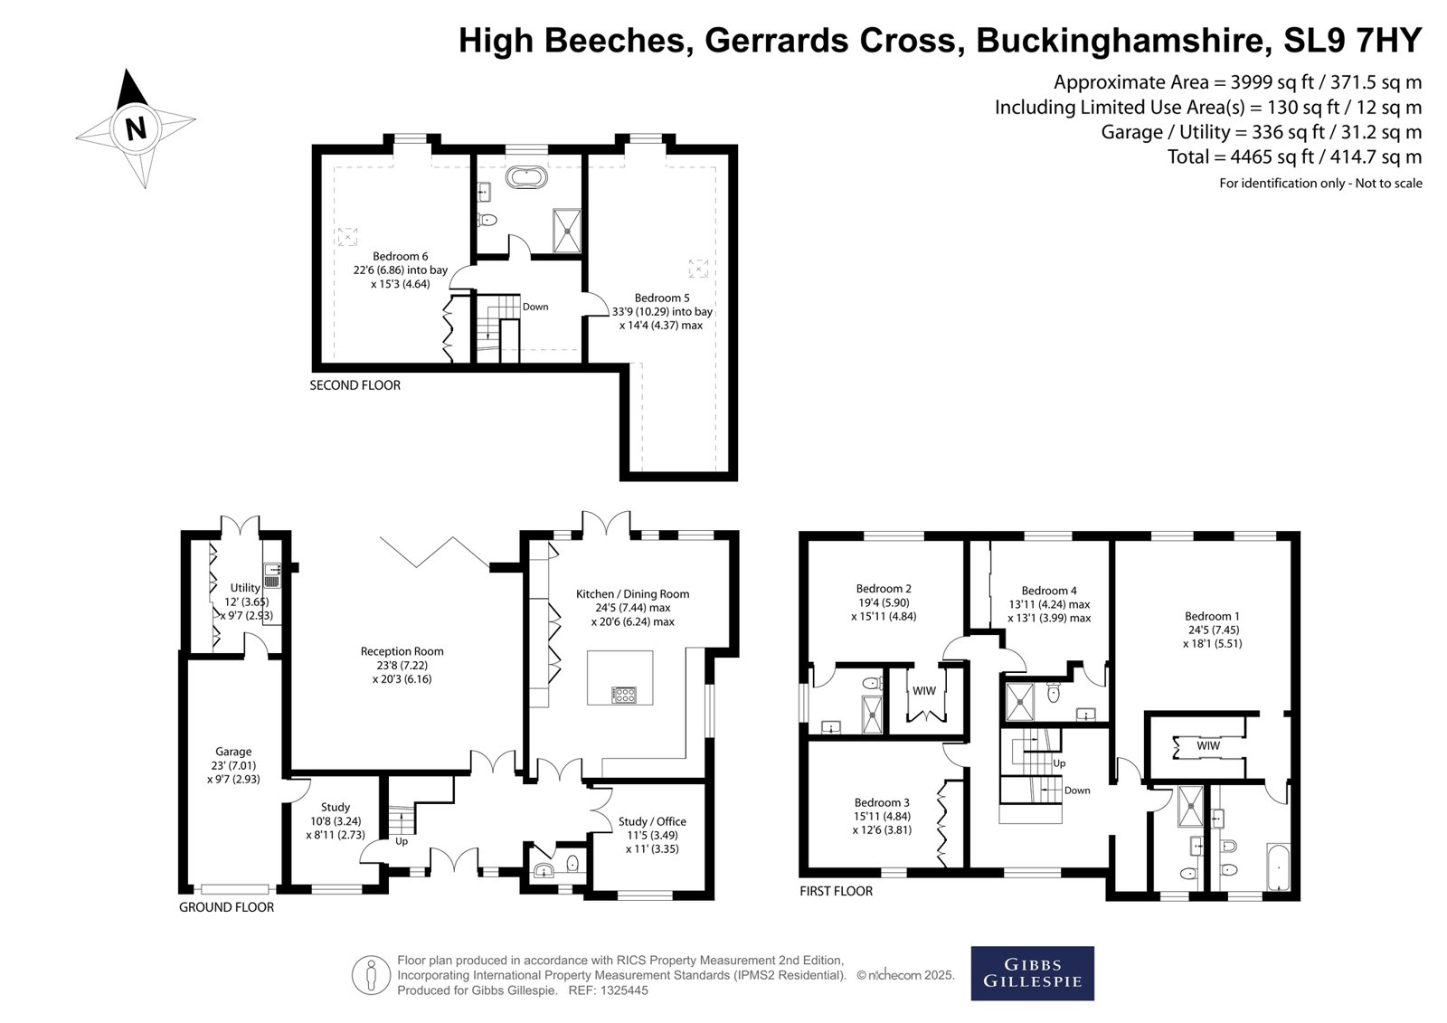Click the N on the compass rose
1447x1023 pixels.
(x=136, y=129)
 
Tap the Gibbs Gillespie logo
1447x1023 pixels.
(x=1032, y=973)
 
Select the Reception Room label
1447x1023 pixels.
(x=402, y=651)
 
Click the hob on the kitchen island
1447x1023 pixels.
(x=624, y=696)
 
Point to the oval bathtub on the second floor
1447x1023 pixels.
(x=526, y=177)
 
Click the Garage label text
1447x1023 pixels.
(x=233, y=752)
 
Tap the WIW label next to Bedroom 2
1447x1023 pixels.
(x=923, y=691)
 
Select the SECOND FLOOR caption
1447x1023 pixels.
(x=355, y=385)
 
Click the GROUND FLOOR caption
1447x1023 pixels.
(x=226, y=907)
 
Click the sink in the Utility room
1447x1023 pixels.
(x=272, y=574)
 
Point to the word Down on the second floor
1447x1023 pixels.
(x=534, y=307)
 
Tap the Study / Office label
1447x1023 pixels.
(x=652, y=821)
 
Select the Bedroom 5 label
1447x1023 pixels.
(x=661, y=298)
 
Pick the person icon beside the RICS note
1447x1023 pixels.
(x=371, y=975)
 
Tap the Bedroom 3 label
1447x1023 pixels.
(x=882, y=802)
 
